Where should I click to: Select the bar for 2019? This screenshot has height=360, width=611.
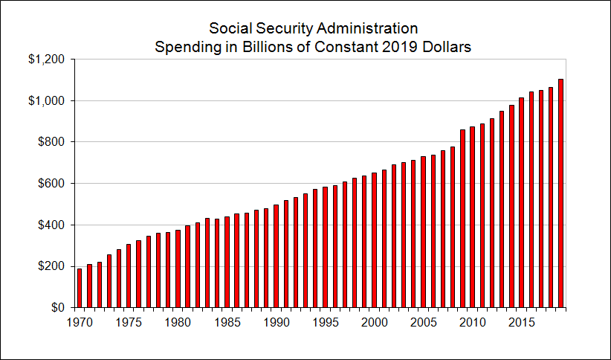tap(561, 193)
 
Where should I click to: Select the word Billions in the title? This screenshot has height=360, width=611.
tap(275, 46)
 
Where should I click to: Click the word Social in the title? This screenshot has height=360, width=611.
tap(230, 28)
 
